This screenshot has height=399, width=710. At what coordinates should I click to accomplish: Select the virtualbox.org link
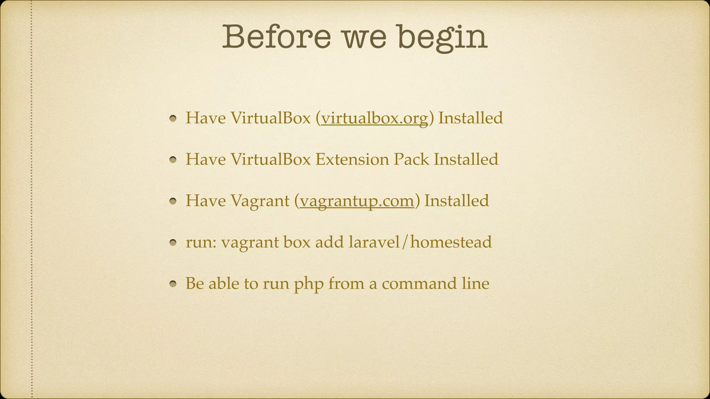point(374,118)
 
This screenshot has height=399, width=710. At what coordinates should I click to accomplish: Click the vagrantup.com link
point(357,201)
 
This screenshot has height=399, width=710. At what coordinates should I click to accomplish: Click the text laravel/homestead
point(420,242)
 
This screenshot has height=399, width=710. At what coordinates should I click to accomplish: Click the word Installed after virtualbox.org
point(470,118)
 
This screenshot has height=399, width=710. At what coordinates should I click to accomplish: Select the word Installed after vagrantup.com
point(457,201)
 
